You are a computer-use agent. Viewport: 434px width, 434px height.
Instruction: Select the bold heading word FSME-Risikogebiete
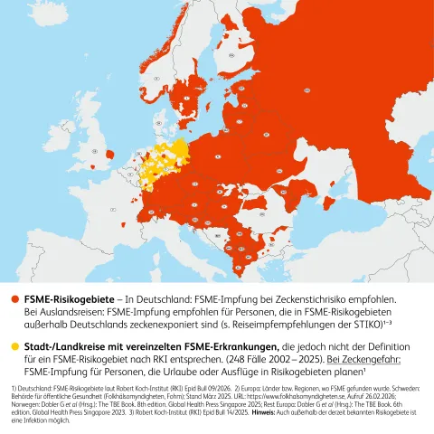tap(71, 297)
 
